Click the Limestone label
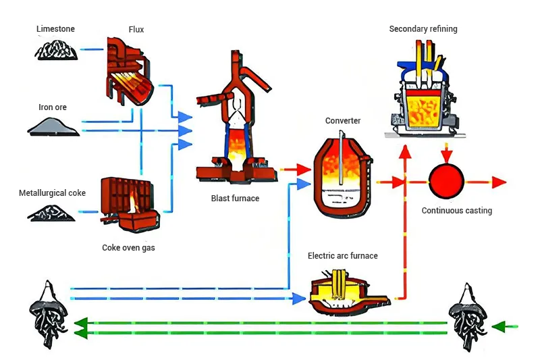tap(55, 29)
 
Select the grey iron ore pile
tap(53, 126)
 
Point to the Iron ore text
tap(52, 107)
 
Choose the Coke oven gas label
tap(128, 248)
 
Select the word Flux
tap(136, 30)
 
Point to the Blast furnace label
tap(235, 199)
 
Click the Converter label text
tap(343, 121)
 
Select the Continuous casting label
tap(457, 211)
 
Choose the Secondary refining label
tap(423, 29)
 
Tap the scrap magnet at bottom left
tap(48, 314)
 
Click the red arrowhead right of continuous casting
tap(499, 182)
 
